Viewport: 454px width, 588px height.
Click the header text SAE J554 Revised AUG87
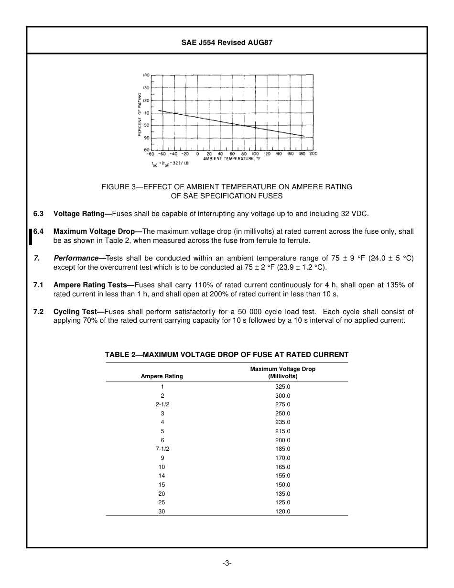tap(227, 43)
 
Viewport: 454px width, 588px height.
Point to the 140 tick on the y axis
tap(146, 76)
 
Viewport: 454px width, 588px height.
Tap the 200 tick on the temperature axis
tap(313, 154)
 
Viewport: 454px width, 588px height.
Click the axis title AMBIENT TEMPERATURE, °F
tap(232, 158)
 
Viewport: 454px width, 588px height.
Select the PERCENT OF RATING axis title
tap(140, 115)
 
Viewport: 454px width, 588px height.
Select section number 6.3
tap(38, 214)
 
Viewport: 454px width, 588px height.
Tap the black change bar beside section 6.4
tap(31, 236)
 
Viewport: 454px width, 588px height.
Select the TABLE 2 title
tap(227, 355)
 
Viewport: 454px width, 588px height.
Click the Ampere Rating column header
tap(162, 376)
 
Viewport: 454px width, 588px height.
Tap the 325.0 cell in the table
tap(282, 387)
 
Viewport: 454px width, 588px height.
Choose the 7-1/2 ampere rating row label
tap(162, 449)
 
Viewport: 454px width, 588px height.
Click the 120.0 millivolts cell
tap(282, 512)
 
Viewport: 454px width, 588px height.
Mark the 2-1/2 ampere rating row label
tap(162, 404)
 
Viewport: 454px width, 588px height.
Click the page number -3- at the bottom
tap(227, 563)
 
